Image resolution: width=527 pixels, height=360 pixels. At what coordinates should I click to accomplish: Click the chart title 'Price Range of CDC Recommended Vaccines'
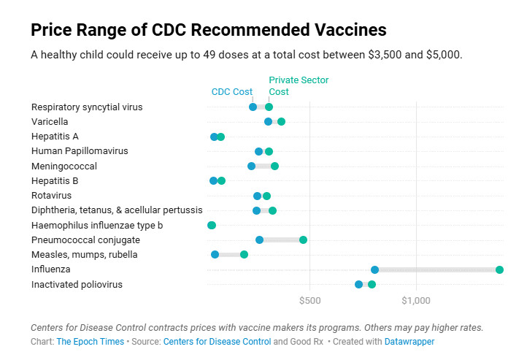(x=208, y=30)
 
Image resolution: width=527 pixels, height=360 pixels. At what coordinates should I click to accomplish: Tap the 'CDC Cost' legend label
(x=231, y=92)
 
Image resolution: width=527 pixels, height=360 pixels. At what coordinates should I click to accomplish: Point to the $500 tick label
(x=310, y=299)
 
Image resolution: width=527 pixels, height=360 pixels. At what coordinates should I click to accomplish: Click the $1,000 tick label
(x=416, y=299)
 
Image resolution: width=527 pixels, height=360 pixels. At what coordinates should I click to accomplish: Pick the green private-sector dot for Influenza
(x=499, y=269)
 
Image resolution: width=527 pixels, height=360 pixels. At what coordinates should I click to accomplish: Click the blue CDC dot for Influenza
(x=374, y=269)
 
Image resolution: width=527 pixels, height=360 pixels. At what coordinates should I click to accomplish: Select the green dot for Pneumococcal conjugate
(x=303, y=240)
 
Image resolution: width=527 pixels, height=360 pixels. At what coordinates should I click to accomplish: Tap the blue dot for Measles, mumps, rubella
(x=215, y=255)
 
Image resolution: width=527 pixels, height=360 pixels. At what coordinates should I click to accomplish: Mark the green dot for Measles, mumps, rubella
(x=244, y=255)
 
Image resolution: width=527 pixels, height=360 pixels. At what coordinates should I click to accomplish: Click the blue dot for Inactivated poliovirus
(x=358, y=284)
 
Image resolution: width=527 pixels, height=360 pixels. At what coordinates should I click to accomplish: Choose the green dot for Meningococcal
(x=274, y=166)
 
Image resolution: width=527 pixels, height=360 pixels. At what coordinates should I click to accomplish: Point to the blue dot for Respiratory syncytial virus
(x=253, y=107)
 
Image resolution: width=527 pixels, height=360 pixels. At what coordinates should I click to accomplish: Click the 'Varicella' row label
(x=50, y=121)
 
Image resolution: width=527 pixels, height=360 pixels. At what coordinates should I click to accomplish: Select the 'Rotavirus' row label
(x=51, y=195)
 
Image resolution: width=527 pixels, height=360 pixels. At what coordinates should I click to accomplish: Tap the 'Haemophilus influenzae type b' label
(x=97, y=225)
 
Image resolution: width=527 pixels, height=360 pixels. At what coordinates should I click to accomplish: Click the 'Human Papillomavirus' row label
(x=80, y=151)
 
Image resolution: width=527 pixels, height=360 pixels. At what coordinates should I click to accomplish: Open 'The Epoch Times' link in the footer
(x=90, y=341)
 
